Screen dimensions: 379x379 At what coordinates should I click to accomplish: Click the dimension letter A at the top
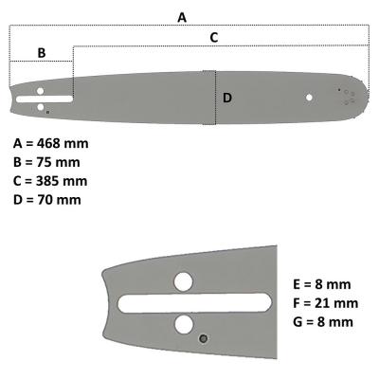tap(183, 17)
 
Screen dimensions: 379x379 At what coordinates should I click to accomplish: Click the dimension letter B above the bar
tap(41, 52)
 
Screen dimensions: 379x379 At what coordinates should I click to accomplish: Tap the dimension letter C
tap(213, 37)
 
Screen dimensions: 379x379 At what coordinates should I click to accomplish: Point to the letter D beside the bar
tap(227, 97)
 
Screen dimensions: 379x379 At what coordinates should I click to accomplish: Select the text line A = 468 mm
tap(51, 143)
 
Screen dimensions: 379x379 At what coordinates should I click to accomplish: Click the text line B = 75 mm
tap(47, 162)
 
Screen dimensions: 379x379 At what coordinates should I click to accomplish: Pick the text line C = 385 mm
tap(51, 180)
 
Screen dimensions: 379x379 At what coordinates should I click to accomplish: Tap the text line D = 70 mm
tap(47, 199)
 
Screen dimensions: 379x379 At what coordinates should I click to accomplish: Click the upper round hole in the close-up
tap(183, 280)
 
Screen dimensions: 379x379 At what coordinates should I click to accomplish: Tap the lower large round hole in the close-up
tap(183, 325)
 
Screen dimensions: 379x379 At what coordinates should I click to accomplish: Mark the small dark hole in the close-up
tap(202, 337)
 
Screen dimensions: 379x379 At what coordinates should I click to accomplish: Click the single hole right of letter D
tap(308, 97)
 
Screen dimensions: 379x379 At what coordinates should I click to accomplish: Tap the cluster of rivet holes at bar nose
tap(347, 95)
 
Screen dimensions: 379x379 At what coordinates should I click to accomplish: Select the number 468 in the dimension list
tap(48, 143)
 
